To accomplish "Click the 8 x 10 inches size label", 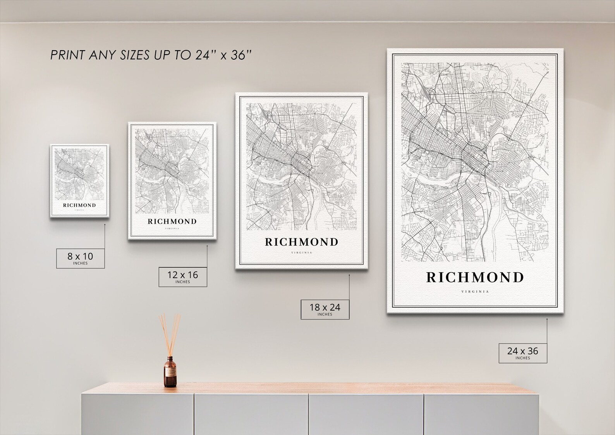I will pos(80,258).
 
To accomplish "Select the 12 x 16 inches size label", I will pos(182,277).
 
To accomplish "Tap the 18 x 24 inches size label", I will pos(325,309).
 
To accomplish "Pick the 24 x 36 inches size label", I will pos(522,352).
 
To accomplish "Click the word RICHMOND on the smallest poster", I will pos(79,205).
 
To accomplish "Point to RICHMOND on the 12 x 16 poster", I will pos(172,222).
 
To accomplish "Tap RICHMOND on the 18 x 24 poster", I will pos(301,242).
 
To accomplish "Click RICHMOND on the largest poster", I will pos(475,277).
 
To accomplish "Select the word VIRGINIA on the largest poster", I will pos(475,292).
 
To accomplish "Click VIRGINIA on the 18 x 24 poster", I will pos(301,253).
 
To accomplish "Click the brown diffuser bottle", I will pos(169,372).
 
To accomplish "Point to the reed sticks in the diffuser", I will pos(170,333).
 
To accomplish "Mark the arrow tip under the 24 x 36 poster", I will pos(547,319).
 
